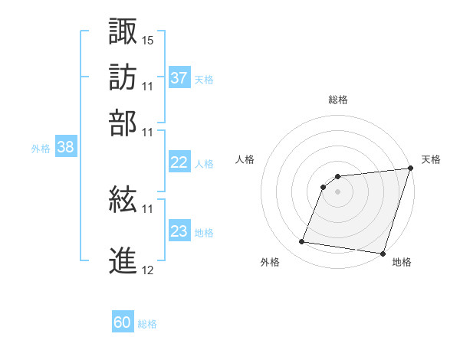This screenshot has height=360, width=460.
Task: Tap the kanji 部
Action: coord(123,123)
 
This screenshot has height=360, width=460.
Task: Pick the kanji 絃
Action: coord(123,201)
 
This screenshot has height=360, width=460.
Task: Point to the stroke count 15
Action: coord(148,40)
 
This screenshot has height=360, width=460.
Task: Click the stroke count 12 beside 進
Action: coord(148,270)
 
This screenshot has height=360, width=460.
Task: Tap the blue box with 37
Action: coord(179,77)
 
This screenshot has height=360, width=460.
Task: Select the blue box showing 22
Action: coord(179,162)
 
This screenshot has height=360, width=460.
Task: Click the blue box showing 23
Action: coord(179,231)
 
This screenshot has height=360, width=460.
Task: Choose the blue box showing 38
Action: coord(65,148)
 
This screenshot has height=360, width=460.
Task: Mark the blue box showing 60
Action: coord(123,322)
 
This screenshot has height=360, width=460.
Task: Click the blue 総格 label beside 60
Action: coord(147,324)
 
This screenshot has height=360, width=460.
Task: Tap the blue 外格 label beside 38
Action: coord(41,149)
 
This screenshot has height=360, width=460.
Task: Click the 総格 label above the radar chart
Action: coord(338,100)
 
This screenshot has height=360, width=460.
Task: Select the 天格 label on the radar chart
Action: coord(431,159)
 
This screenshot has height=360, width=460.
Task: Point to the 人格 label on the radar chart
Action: coord(245,159)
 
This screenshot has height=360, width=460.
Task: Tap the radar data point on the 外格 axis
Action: coord(302,242)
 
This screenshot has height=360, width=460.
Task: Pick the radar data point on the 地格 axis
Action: coord(382,253)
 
